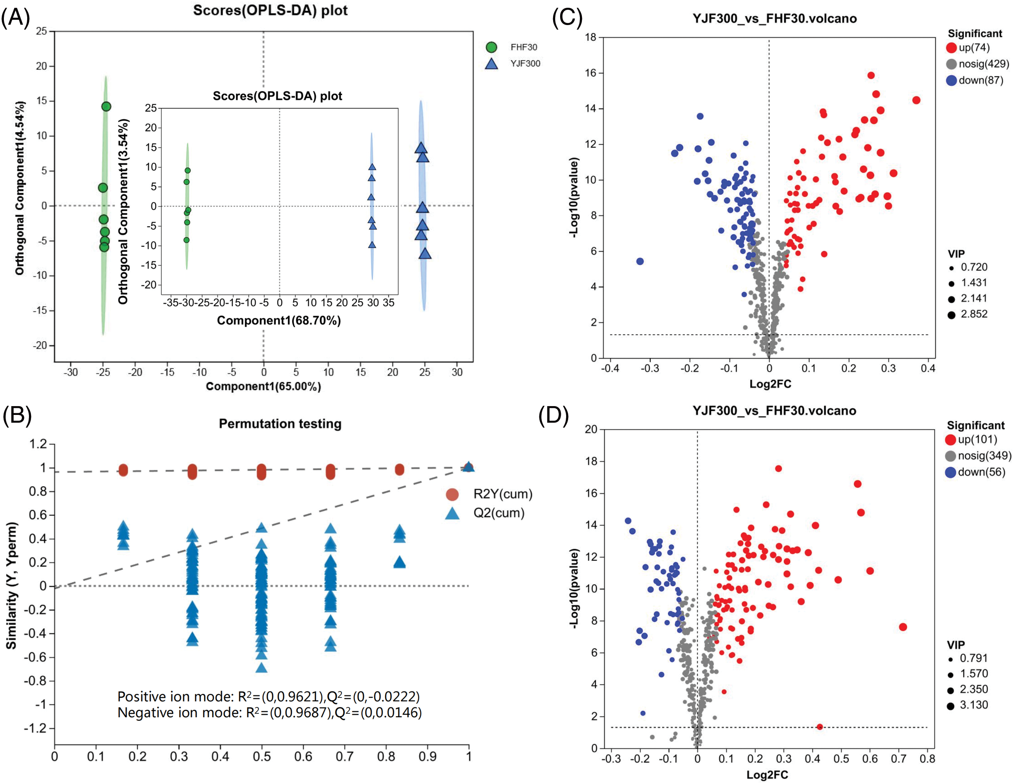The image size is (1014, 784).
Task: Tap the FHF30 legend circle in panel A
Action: tap(491, 47)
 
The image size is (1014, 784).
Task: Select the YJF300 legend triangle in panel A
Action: tap(491, 64)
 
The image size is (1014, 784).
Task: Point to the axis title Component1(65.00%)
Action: tap(263, 387)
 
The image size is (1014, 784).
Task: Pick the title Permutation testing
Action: tap(280, 424)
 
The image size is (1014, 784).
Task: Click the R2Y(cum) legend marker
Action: tap(452, 494)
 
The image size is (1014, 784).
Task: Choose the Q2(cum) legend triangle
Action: tap(452, 513)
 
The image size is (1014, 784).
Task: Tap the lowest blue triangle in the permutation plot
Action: tap(262, 668)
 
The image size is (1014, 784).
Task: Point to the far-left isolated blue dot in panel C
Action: tap(640, 261)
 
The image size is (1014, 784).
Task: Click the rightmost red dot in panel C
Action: tap(916, 100)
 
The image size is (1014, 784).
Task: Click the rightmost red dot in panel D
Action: tap(902, 627)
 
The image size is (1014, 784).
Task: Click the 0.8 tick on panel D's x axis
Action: tap(927, 759)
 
